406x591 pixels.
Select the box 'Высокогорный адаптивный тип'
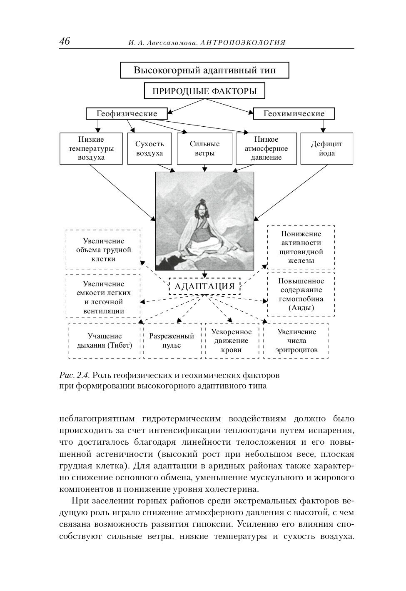tap(204, 70)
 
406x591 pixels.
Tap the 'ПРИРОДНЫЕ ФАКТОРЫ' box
tap(204, 91)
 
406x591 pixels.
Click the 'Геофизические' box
tap(127, 113)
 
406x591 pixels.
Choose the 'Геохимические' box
tap(294, 113)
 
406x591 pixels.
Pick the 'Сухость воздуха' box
tap(149, 148)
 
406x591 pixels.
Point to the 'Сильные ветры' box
tap(204, 148)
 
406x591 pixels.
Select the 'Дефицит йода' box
tap(326, 148)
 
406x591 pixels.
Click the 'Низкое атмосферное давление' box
tap(265, 148)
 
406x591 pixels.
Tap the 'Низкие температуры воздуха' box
tap(91, 148)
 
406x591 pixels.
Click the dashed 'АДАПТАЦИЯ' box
tap(204, 286)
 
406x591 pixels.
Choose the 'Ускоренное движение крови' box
tap(232, 341)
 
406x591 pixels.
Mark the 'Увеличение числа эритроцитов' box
tap(296, 341)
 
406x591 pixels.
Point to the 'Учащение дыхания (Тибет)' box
tap(104, 341)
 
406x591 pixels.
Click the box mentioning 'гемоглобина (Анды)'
tap(301, 294)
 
